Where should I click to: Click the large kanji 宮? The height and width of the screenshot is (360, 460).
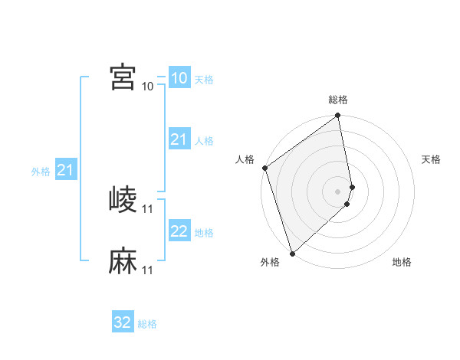click(x=123, y=77)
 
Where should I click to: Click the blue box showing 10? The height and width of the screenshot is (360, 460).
click(x=179, y=78)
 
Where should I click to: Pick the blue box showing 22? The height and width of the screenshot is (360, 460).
click(x=179, y=231)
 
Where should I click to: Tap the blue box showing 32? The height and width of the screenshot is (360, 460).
click(x=123, y=322)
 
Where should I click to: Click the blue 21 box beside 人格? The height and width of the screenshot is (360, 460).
click(x=179, y=139)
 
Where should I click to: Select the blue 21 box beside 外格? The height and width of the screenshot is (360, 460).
click(x=65, y=170)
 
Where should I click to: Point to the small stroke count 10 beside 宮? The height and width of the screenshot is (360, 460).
click(x=148, y=86)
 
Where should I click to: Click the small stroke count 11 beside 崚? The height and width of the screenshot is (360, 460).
click(x=148, y=208)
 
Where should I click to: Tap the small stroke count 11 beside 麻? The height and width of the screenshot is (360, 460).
click(x=148, y=270)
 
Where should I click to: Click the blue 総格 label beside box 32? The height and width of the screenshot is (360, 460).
click(x=147, y=324)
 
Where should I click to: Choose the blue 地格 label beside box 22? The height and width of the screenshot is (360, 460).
click(x=204, y=233)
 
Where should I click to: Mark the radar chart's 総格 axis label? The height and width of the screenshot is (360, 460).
click(x=338, y=100)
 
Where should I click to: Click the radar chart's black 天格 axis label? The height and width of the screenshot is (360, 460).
click(x=432, y=159)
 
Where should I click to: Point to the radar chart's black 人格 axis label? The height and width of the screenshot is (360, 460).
click(x=245, y=159)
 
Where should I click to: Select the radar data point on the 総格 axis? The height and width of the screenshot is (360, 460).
click(x=338, y=116)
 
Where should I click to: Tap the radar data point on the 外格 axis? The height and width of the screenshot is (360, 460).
click(x=291, y=253)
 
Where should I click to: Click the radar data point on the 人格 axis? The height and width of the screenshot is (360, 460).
click(x=264, y=168)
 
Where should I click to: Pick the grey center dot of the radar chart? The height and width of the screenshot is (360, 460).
click(x=338, y=191)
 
